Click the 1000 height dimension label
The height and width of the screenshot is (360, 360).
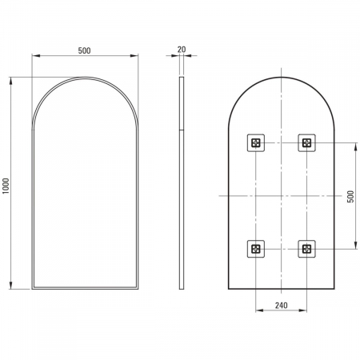(6, 186)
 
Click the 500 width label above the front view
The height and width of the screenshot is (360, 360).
(84, 50)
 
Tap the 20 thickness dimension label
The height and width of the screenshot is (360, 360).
(182, 50)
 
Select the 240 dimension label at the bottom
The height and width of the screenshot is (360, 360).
(282, 305)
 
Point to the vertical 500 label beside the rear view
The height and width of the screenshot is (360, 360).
(350, 196)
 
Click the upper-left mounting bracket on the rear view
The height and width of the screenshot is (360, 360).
(256, 143)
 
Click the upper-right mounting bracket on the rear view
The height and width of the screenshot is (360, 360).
(306, 143)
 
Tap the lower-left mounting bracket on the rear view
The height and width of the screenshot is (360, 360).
(256, 249)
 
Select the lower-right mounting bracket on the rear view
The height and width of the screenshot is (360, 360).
(306, 249)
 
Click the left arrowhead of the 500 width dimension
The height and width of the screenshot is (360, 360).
(36, 56)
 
